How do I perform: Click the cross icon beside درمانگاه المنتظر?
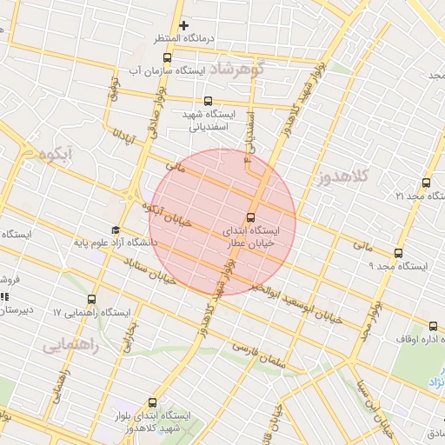(x=183, y=26)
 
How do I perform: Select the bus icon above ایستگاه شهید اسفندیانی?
(x=207, y=101)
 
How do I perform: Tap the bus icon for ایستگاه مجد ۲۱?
(x=426, y=183)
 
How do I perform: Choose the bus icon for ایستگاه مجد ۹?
(x=398, y=253)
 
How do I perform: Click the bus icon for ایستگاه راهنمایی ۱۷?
(x=93, y=298)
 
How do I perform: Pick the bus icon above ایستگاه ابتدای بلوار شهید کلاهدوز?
(x=153, y=402)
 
